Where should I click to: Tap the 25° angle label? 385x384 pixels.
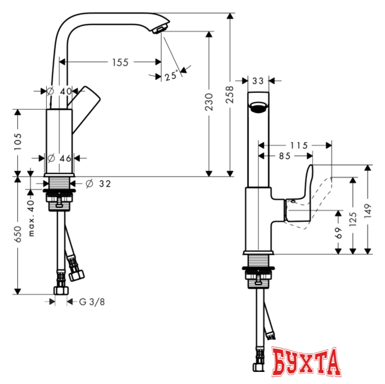tap(171, 75)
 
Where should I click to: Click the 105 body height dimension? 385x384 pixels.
tap(18, 142)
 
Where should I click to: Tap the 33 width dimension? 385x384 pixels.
tap(258, 80)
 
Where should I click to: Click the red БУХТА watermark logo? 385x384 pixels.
tap(305, 364)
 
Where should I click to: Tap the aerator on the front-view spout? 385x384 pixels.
tap(258, 108)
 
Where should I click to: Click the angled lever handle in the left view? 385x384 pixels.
tap(85, 100)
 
